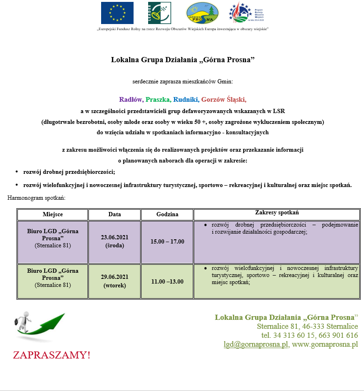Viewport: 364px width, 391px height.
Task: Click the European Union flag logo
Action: (x=117, y=13)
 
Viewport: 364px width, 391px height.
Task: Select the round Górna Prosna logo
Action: (x=202, y=13)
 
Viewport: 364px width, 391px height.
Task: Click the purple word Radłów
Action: (x=131, y=99)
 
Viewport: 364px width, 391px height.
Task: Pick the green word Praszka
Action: (x=158, y=99)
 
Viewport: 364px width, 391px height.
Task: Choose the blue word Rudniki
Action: (x=185, y=99)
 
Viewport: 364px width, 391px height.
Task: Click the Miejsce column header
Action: (x=53, y=214)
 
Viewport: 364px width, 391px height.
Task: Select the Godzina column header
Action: (x=167, y=214)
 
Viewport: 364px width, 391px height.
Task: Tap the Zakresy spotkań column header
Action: (x=277, y=212)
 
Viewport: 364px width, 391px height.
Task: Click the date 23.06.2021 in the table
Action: (x=115, y=237)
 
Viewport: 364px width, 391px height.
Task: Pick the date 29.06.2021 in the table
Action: (x=115, y=277)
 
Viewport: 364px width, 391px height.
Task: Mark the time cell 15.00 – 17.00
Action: (x=167, y=242)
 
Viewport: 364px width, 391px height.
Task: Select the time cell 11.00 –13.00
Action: (x=167, y=282)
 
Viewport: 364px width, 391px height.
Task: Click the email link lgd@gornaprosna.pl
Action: (x=256, y=344)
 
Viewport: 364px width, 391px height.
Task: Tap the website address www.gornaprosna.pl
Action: (x=325, y=344)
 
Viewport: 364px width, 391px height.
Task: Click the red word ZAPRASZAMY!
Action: (x=51, y=355)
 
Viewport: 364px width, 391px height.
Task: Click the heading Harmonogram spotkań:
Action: (x=36, y=198)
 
